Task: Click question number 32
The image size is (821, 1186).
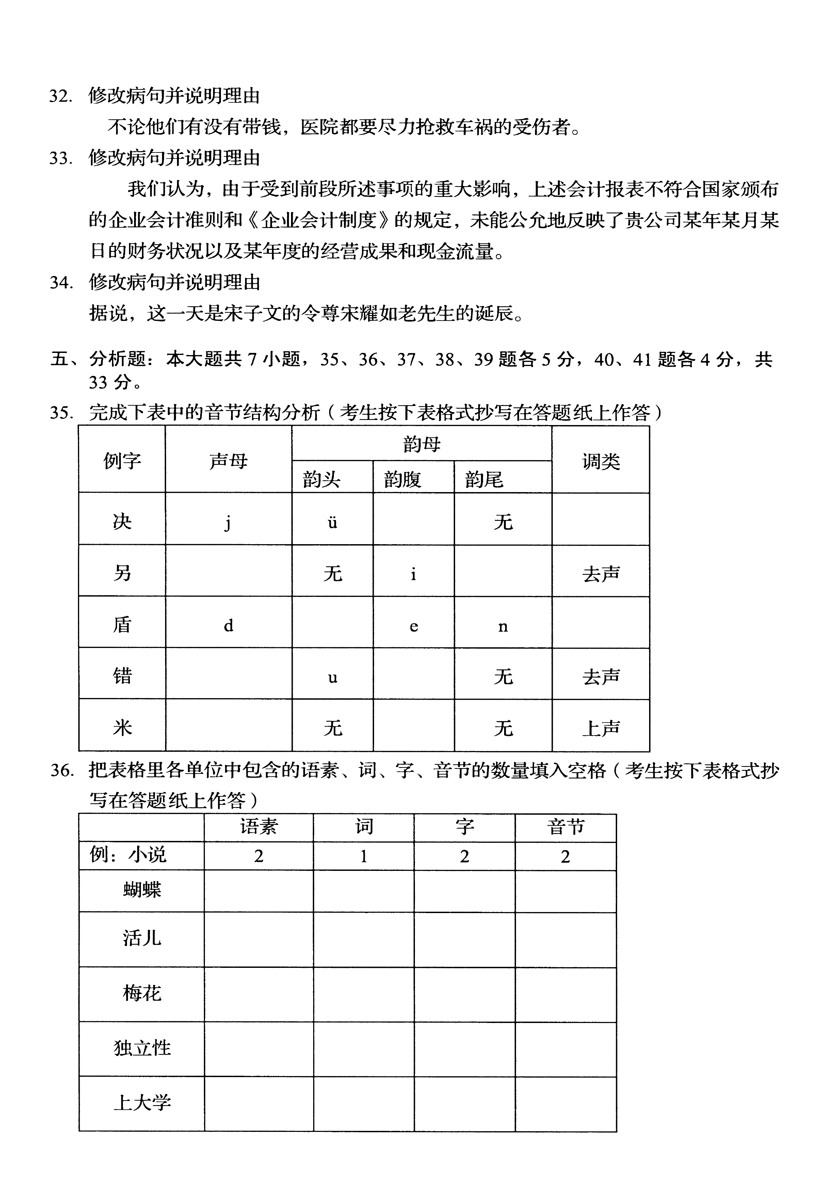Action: click(60, 96)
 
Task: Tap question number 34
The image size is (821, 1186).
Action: click(60, 282)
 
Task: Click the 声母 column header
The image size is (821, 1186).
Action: click(228, 460)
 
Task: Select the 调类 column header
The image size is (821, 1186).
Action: click(600, 461)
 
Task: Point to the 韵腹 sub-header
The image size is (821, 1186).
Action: click(402, 480)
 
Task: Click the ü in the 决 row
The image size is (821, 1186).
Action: click(332, 522)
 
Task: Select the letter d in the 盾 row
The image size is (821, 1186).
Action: click(228, 626)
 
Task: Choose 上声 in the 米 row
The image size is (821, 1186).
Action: click(600, 728)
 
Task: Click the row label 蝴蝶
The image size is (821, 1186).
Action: click(142, 889)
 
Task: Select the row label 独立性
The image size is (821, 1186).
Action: click(142, 1047)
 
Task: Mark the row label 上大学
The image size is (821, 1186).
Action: click(142, 1102)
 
